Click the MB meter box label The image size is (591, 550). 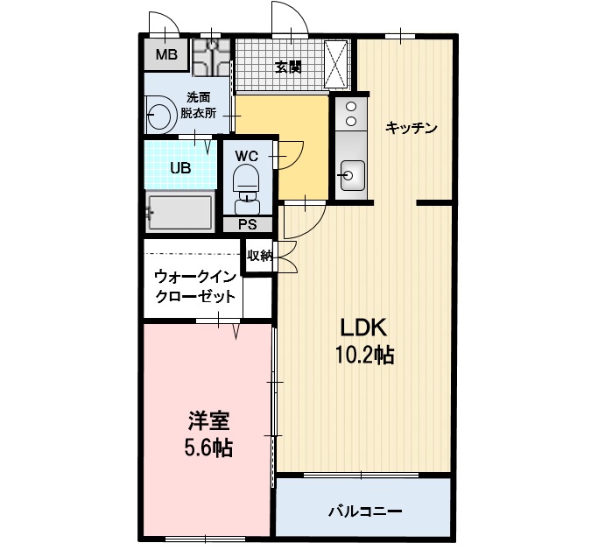pyautogui.click(x=165, y=55)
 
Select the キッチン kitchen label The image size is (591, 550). pyautogui.click(x=411, y=128)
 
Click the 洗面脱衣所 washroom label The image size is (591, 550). pyautogui.click(x=198, y=104)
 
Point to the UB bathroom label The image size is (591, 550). pyautogui.click(x=179, y=168)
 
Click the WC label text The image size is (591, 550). pyautogui.click(x=246, y=156)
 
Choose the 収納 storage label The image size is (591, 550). pyautogui.click(x=259, y=256)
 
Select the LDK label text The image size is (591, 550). pyautogui.click(x=363, y=328)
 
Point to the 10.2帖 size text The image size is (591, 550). pyautogui.click(x=363, y=355)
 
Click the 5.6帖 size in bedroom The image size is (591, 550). pyautogui.click(x=208, y=448)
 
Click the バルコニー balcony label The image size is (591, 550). pyautogui.click(x=365, y=510)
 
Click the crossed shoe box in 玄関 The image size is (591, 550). pyautogui.click(x=337, y=64)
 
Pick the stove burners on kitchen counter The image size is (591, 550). pyautogui.click(x=349, y=114)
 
